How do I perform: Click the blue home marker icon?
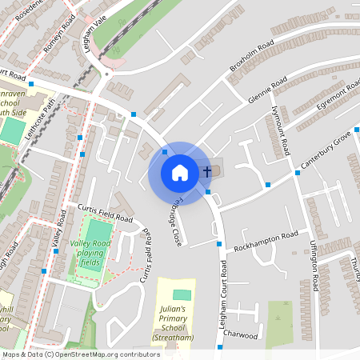(180, 173)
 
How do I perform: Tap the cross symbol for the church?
(207, 171)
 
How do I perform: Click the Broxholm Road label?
(252, 55)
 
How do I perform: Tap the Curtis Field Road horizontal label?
(105, 212)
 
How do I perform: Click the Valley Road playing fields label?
(90, 252)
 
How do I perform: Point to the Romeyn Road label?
(58, 35)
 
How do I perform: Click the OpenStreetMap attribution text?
(80, 354)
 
